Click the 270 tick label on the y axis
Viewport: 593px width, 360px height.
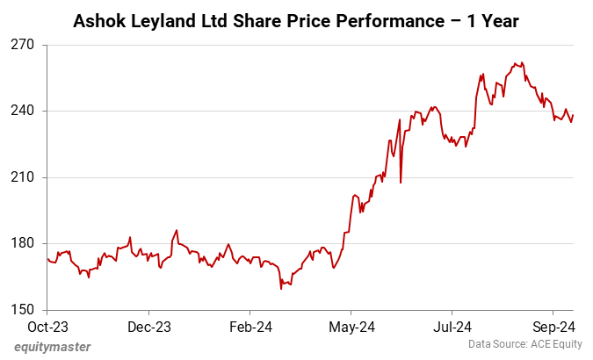click(23, 44)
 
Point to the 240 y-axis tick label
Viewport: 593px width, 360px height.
click(23, 111)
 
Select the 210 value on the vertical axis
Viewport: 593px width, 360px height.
click(23, 177)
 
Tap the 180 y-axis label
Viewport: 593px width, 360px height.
click(23, 243)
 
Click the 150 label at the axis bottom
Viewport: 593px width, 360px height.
click(23, 310)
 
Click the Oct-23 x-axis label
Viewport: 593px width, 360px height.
click(47, 327)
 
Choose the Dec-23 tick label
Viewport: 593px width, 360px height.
click(148, 327)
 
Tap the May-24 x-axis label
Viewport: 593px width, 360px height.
click(351, 327)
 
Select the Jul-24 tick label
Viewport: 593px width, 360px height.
click(452, 327)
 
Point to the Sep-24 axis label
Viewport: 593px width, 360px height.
click(553, 327)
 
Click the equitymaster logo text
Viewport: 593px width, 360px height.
click(52, 347)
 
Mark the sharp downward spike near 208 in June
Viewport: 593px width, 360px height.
click(401, 182)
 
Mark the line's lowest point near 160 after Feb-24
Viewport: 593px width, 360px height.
click(281, 288)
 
